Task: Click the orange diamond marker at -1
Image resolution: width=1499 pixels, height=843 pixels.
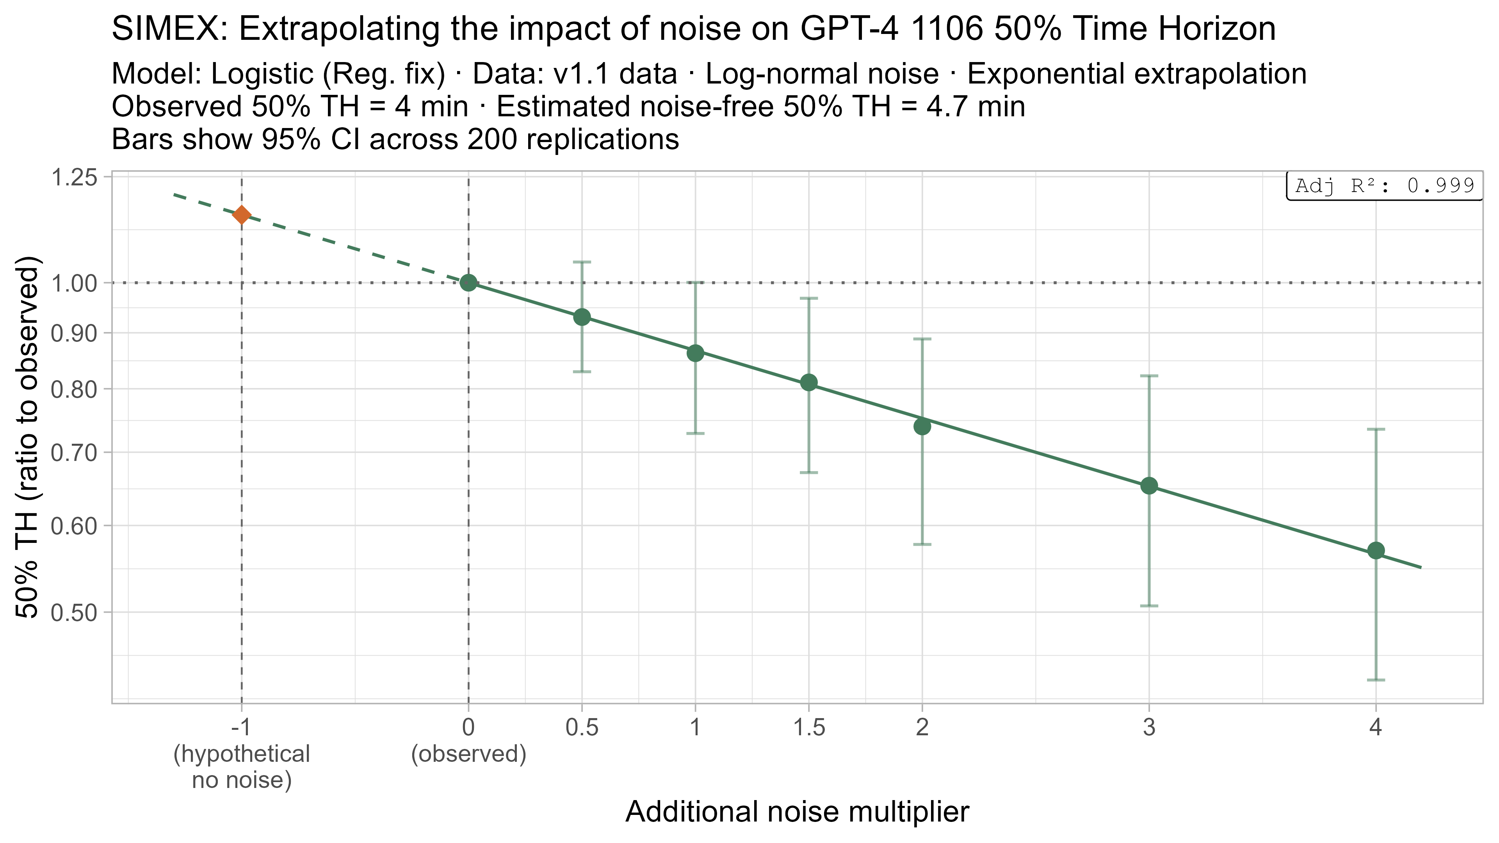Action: click(242, 215)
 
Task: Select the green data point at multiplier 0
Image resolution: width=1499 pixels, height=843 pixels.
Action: click(468, 283)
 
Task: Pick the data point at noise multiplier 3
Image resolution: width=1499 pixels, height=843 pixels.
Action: click(1149, 486)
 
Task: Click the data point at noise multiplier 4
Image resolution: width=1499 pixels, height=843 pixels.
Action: click(1376, 550)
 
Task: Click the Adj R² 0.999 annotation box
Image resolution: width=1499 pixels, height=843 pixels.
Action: click(1384, 186)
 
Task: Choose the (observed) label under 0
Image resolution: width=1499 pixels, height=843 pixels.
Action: click(468, 754)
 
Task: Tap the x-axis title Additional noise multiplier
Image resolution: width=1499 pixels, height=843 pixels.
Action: click(797, 812)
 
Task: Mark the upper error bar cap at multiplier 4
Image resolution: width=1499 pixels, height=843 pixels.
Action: click(1376, 429)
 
